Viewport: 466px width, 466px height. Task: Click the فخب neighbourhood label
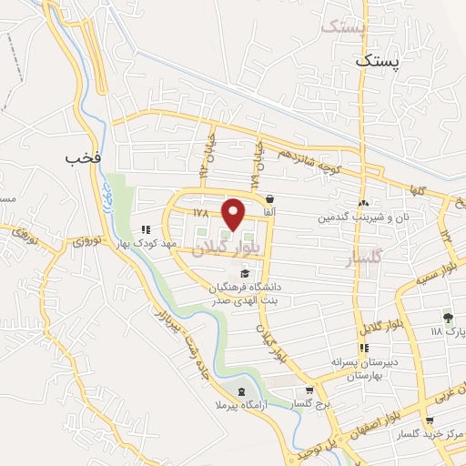[81, 158]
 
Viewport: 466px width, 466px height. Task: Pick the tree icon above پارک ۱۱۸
[447, 317]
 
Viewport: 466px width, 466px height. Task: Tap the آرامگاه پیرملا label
[239, 404]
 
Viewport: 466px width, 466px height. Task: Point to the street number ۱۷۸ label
[201, 212]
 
